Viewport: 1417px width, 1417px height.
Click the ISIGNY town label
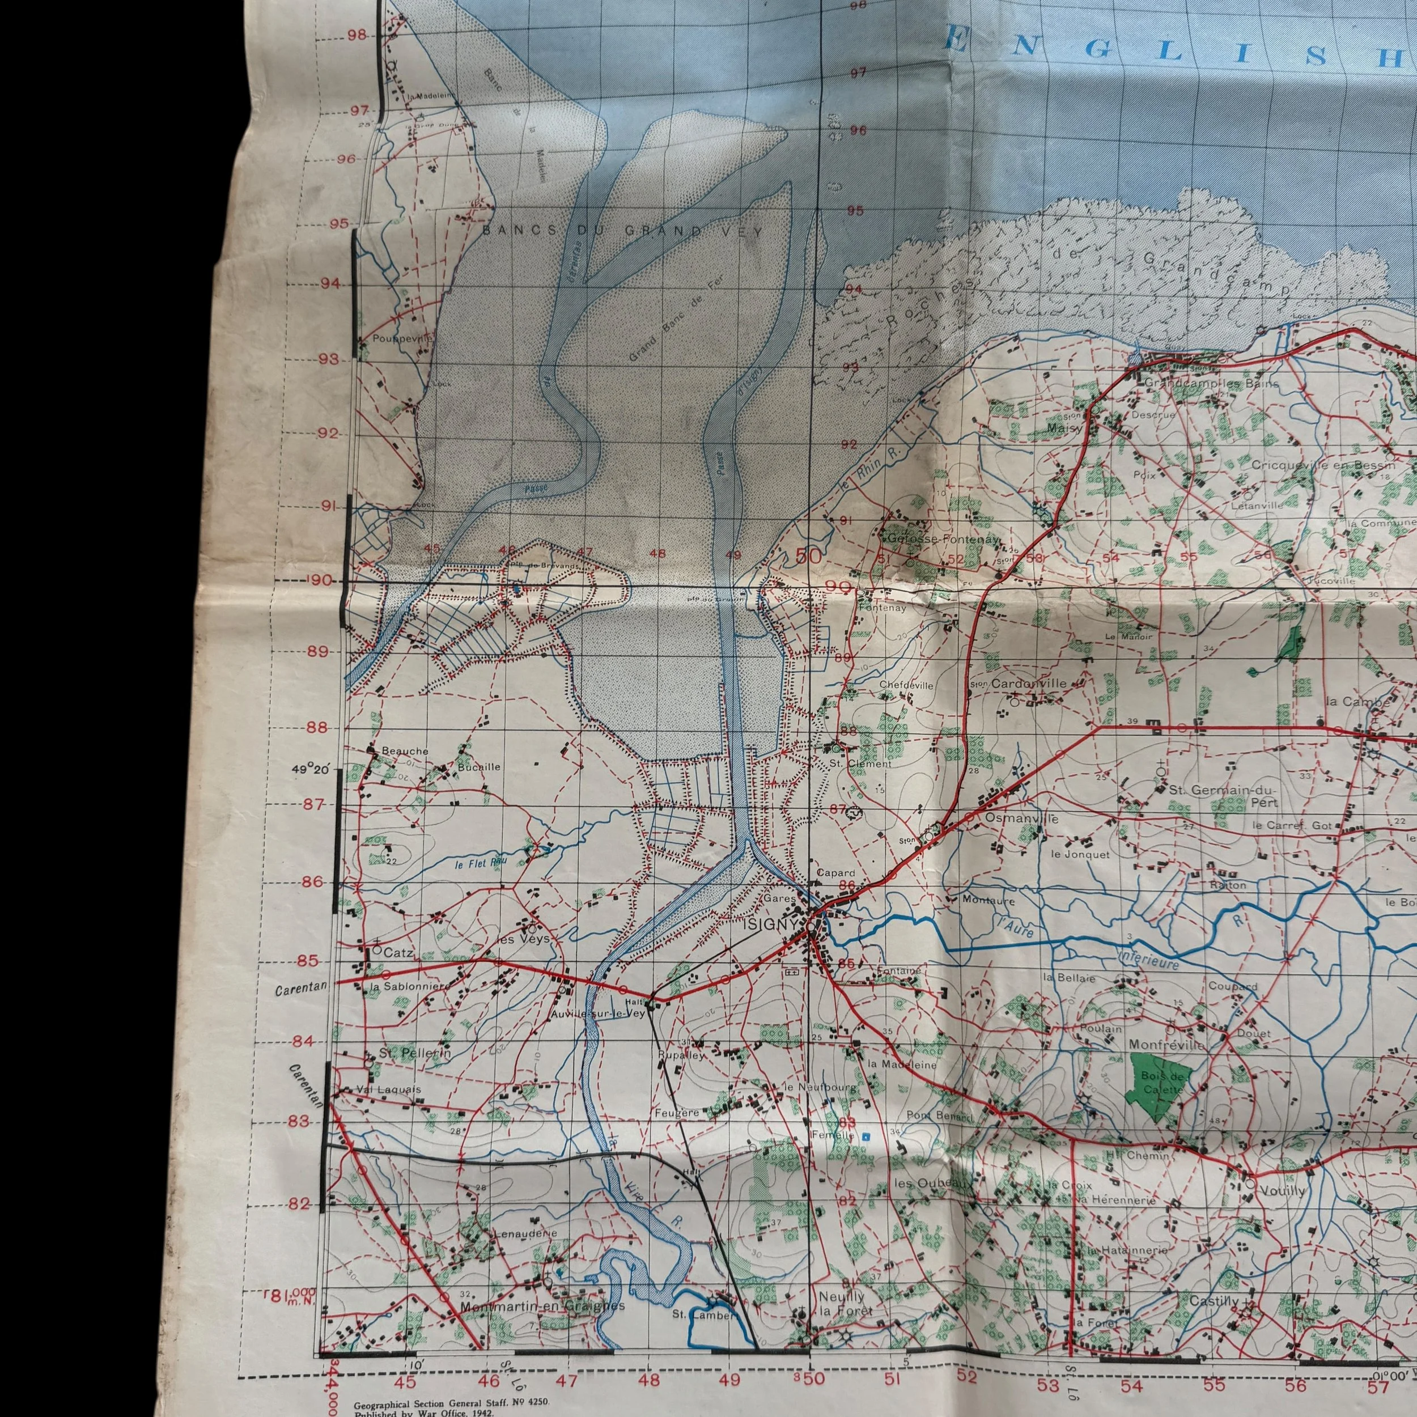coord(769,925)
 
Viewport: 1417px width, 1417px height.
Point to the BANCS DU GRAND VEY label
coord(622,230)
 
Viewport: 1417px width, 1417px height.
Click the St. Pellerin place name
coord(414,1053)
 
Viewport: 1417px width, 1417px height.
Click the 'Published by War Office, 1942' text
coord(423,1412)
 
